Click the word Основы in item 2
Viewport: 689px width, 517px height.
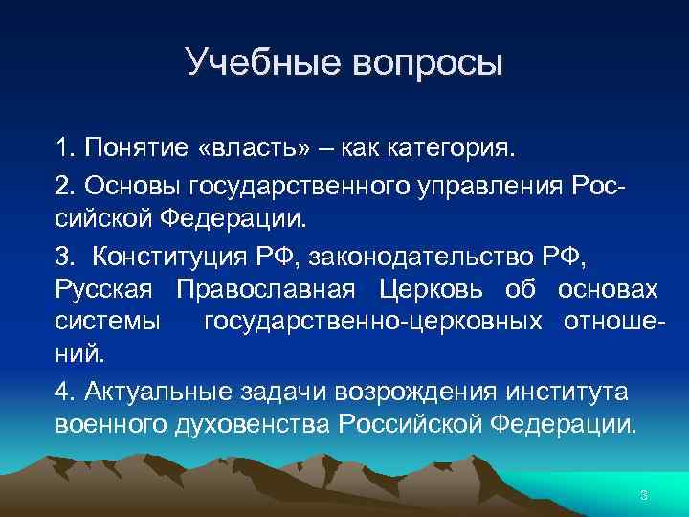[x=122, y=183]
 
